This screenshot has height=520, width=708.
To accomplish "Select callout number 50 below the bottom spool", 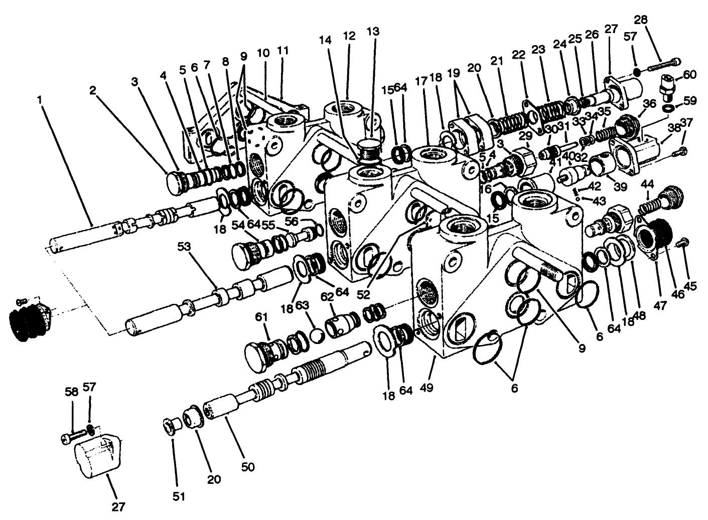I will click(x=248, y=467).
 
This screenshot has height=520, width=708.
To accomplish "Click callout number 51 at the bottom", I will click(x=179, y=496).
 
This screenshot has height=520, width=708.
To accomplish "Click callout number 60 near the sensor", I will click(x=690, y=75).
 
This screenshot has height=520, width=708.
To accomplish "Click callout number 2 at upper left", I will click(x=92, y=90).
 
